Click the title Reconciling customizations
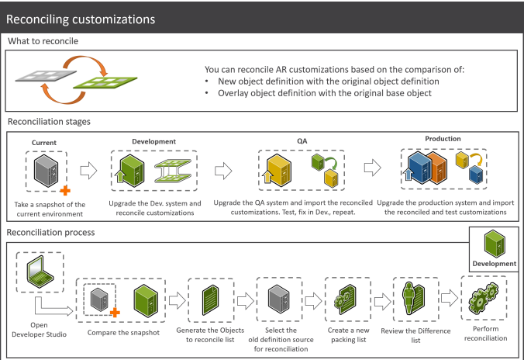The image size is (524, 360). [81, 19]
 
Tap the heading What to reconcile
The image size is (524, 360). [43, 41]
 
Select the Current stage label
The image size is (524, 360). [44, 143]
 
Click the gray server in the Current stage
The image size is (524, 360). [46, 171]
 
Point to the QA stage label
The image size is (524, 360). [302, 141]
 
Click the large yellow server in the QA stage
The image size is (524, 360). [279, 170]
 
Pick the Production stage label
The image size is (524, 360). [443, 139]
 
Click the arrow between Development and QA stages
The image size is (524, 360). [223, 171]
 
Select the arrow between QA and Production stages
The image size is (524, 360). [373, 168]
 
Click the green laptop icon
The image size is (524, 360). [40, 272]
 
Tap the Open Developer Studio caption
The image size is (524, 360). [39, 330]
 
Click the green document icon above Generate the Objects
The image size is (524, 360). [211, 300]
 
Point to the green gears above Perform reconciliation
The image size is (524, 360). [484, 297]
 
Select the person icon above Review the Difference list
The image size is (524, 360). [409, 298]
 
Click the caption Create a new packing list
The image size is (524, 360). [349, 335]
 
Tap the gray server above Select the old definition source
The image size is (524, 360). [279, 299]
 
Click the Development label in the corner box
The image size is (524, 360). [495, 264]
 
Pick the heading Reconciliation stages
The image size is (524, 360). [49, 122]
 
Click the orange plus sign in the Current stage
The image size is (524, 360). [65, 190]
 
